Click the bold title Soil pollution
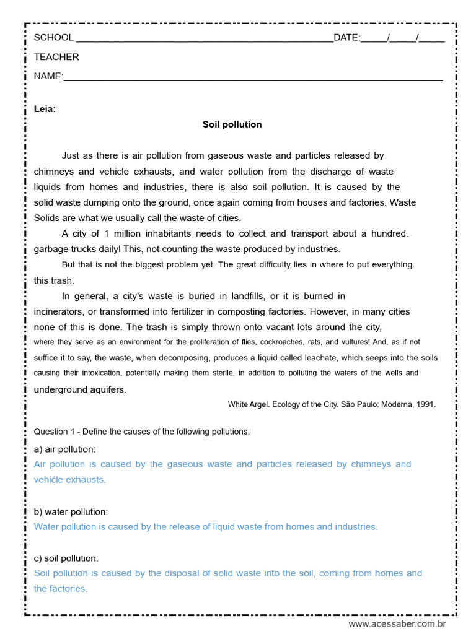(232, 124)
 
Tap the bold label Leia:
(45, 109)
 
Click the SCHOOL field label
(53, 37)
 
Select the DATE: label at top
(346, 37)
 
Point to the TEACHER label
(56, 57)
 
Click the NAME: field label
(48, 76)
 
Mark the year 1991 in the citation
(426, 404)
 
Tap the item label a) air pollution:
(64, 449)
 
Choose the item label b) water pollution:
(71, 511)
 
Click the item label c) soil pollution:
(66, 558)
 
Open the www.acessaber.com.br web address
(397, 623)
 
